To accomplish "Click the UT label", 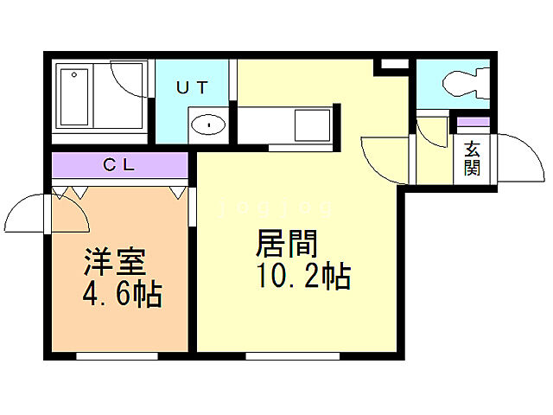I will [192, 87].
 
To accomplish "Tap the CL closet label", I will [120, 164].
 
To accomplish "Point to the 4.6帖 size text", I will [122, 295].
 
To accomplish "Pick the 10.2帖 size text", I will [302, 277].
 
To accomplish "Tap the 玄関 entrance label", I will [472, 157].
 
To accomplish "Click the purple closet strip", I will [120, 164].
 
